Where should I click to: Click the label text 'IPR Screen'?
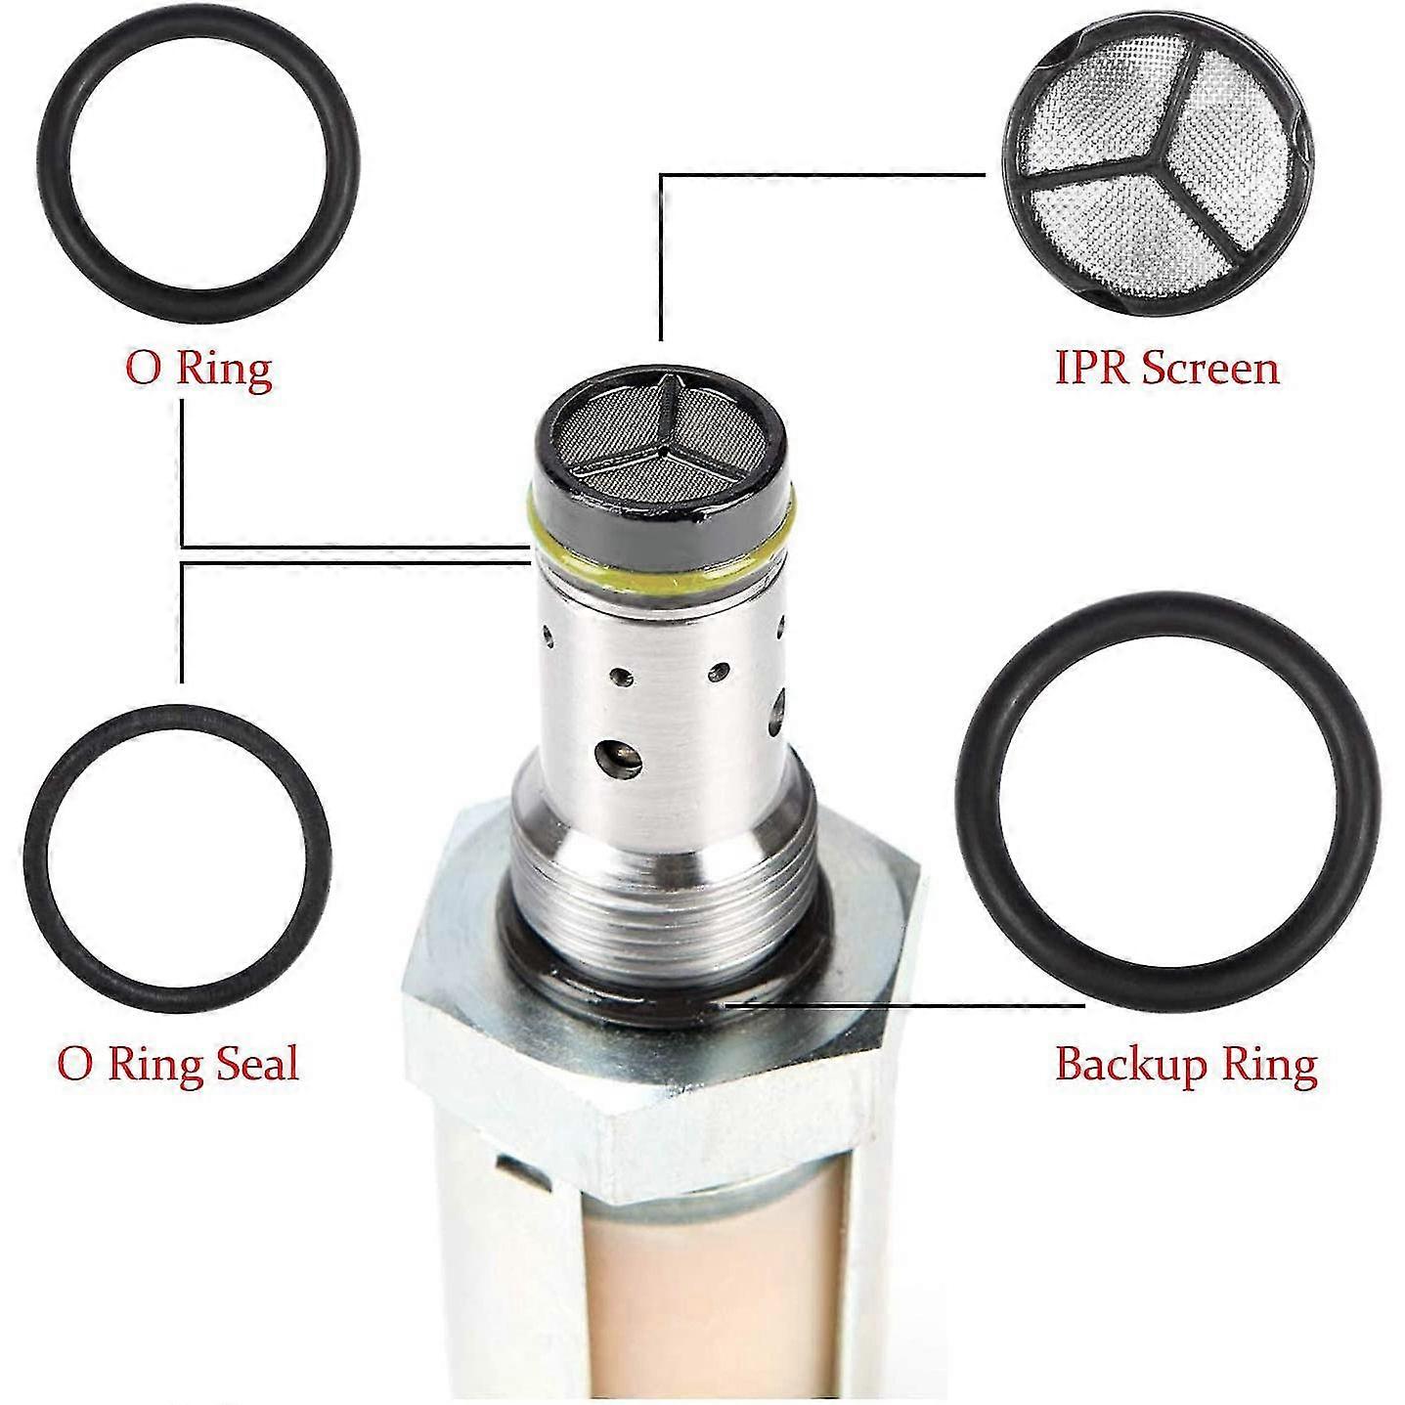tap(1166, 369)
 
